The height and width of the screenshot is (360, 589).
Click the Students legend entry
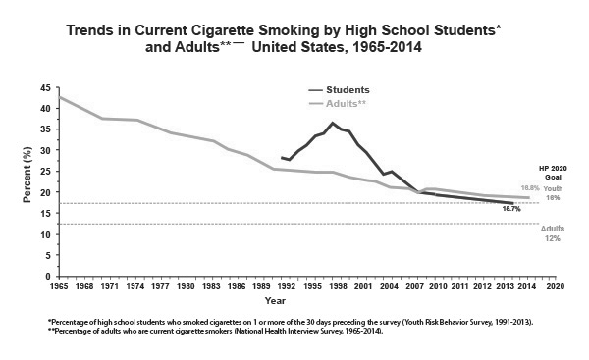tap(348, 89)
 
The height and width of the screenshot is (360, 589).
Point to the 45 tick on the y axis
tap(46, 87)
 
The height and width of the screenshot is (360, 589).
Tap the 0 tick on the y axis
tap(49, 277)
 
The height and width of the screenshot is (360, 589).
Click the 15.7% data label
tap(510, 209)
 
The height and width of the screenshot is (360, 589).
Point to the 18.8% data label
tap(529, 187)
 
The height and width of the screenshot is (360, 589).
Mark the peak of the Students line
tap(333, 124)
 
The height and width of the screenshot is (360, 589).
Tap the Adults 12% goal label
tap(553, 233)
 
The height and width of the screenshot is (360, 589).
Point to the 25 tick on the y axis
tap(46, 172)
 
